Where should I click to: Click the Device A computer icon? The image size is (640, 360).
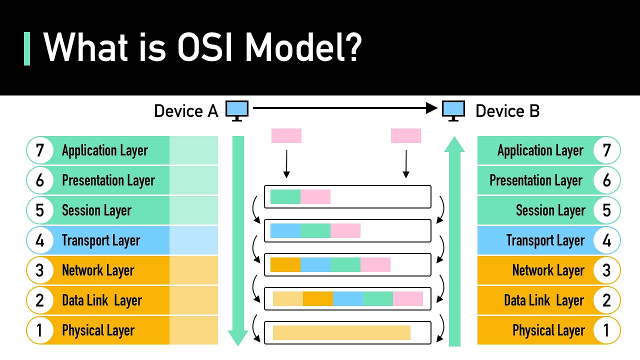pos(237,110)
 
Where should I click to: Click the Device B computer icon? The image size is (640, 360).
pos(453,110)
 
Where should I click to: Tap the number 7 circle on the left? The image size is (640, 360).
pos(40,150)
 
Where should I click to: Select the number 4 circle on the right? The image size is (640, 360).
pos(606,240)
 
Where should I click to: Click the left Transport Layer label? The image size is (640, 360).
pos(101,240)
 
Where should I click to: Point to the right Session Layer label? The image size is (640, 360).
pos(550,210)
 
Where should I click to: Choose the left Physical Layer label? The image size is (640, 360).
pos(98,330)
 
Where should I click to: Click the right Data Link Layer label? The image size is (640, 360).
pos(543,300)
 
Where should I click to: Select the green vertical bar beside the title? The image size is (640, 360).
pos(27,48)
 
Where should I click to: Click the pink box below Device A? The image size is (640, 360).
pos(286,136)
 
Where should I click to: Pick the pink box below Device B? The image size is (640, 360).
pos(406,136)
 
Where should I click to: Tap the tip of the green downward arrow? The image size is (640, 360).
pos(238,342)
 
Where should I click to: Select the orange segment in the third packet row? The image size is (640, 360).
pos(285,265)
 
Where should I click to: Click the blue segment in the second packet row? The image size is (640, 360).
pos(285,230)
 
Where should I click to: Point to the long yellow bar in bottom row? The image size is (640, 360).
pos(341,332)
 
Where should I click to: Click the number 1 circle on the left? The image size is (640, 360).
pos(40,330)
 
